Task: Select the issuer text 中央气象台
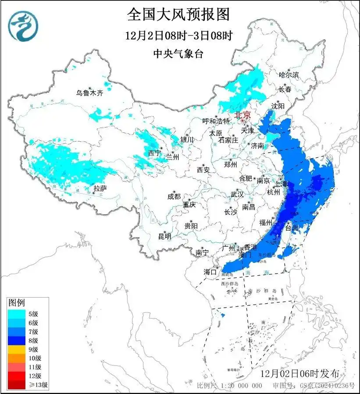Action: [178, 53]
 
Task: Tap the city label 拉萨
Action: [100, 188]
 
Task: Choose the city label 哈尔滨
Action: [289, 75]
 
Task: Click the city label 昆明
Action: [165, 236]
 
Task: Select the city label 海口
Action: [210, 272]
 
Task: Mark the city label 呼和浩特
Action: [216, 121]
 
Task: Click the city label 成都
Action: [174, 197]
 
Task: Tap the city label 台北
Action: [292, 227]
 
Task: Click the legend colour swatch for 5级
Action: [18, 314]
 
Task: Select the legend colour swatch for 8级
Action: [18, 341]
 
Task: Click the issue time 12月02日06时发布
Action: [299, 374]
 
